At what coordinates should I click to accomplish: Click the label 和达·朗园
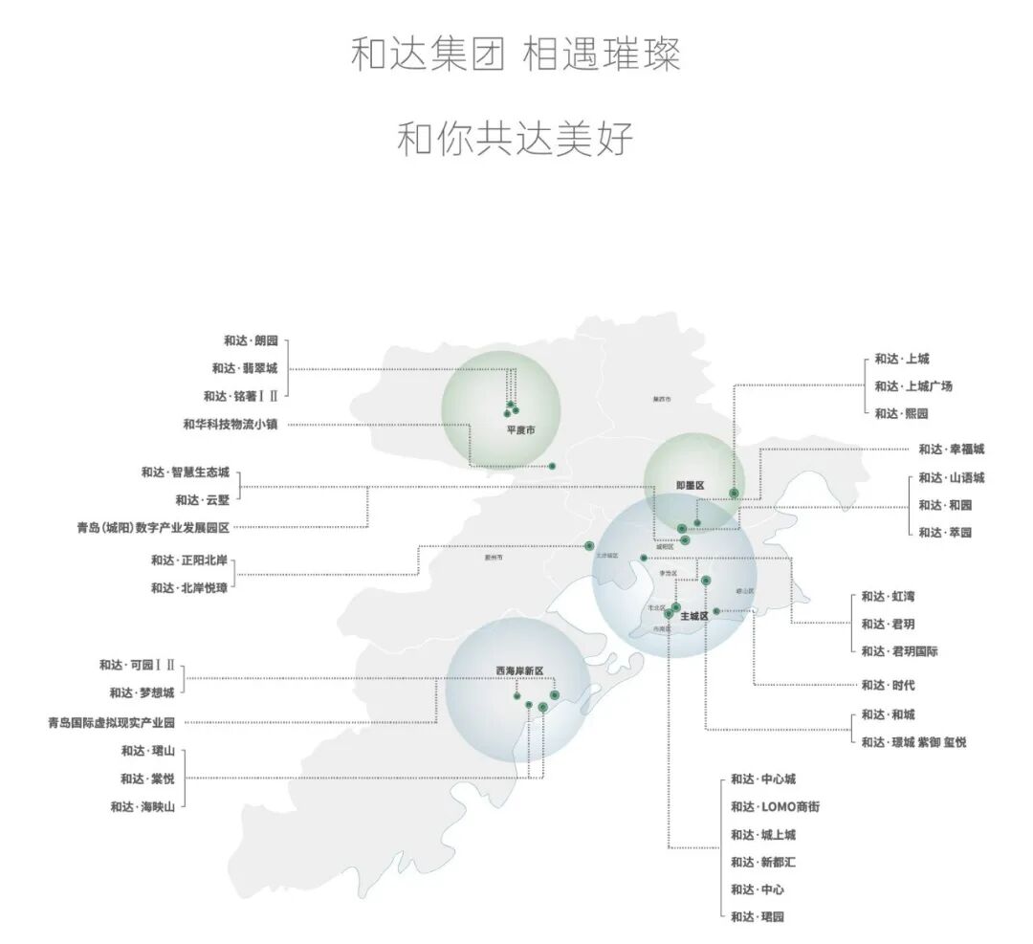(251, 340)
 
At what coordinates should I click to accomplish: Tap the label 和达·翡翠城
(245, 368)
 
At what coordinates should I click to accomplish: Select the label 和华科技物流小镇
(231, 424)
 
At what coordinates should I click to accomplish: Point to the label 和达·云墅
(202, 499)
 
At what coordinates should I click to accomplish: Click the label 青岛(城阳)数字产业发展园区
(154, 527)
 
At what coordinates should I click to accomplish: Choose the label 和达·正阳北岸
(188, 560)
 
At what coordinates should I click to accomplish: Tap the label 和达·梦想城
(142, 692)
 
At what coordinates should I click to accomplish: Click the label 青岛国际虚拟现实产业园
(112, 723)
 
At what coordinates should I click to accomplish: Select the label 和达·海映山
(143, 806)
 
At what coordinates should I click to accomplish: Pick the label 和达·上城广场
(912, 386)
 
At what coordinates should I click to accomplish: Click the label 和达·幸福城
(951, 449)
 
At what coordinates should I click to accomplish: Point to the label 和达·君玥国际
(899, 651)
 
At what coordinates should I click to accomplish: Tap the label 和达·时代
(888, 685)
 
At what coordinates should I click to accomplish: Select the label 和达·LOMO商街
(775, 807)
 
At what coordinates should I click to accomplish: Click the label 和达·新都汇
(763, 863)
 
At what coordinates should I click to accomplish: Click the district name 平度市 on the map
(520, 430)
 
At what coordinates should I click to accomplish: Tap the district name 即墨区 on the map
(689, 486)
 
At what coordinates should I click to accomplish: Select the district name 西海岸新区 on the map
(518, 670)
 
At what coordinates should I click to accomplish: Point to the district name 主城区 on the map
(694, 617)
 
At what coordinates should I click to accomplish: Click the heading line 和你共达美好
(516, 140)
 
